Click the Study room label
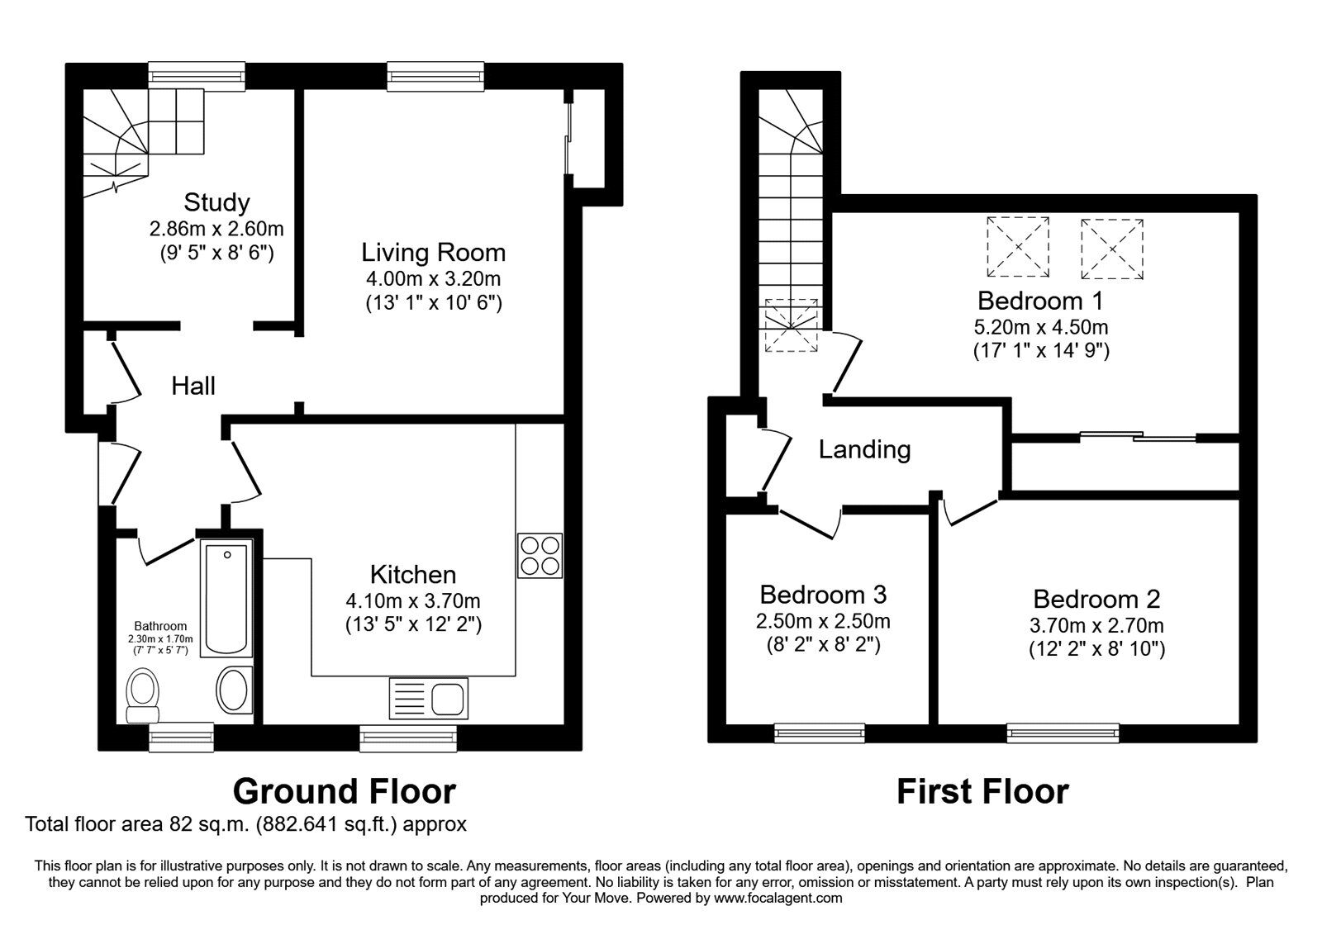(216, 202)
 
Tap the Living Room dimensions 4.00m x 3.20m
(434, 278)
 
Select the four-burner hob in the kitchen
(540, 556)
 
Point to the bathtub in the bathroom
(226, 597)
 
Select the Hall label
(193, 386)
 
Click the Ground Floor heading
(344, 791)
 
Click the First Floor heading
(982, 791)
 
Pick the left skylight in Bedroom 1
(1018, 247)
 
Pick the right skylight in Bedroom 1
(1111, 249)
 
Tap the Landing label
(864, 449)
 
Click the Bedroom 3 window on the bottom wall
(820, 731)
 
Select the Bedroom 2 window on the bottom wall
(1063, 731)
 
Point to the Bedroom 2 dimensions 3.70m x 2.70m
(1096, 625)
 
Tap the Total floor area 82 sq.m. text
(246, 823)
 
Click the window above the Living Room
(435, 76)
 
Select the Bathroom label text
(160, 626)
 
